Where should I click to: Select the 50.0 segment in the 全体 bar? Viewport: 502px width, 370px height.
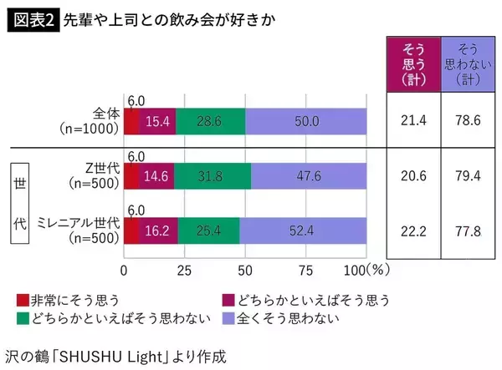[x=307, y=122]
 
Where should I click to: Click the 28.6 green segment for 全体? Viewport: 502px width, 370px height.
[x=210, y=122]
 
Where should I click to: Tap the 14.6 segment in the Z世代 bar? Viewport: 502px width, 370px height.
[x=156, y=176]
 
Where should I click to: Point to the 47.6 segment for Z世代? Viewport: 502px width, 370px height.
[x=309, y=176]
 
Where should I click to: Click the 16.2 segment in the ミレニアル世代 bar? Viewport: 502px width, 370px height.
[x=159, y=231]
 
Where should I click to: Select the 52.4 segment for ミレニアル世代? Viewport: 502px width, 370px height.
[x=304, y=231]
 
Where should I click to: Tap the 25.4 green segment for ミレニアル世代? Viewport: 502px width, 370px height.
[x=208, y=231]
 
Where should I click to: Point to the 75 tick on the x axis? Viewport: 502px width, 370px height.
[x=306, y=270]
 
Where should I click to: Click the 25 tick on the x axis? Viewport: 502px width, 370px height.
[x=184, y=270]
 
